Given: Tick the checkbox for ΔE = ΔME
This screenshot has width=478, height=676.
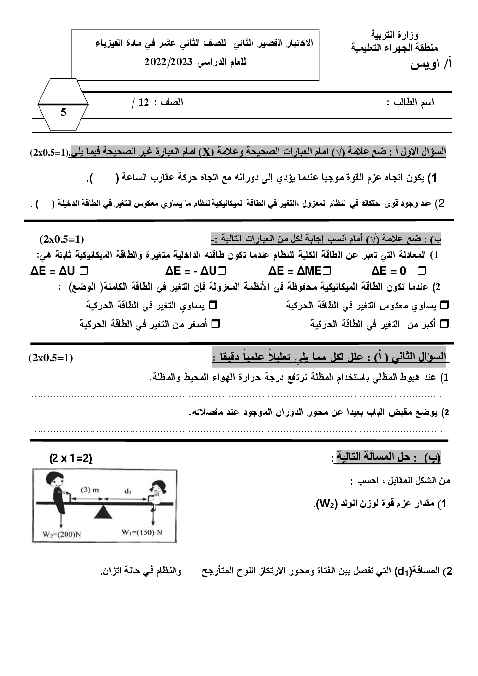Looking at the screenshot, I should tap(328, 271).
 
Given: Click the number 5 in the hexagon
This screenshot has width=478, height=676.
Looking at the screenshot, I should tap(63, 113).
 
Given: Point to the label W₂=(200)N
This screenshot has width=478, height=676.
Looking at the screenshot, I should tap(61, 533).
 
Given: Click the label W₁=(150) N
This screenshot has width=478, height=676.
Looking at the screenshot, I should tap(142, 532).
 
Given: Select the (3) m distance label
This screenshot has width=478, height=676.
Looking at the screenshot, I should tap(90, 490).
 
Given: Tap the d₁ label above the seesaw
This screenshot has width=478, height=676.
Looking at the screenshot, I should tap(128, 491).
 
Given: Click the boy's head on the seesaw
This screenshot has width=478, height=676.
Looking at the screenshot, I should tap(55, 481).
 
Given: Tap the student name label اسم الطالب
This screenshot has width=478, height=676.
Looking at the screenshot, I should tap(414, 103).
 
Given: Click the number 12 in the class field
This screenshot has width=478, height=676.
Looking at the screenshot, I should tap(144, 102).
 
